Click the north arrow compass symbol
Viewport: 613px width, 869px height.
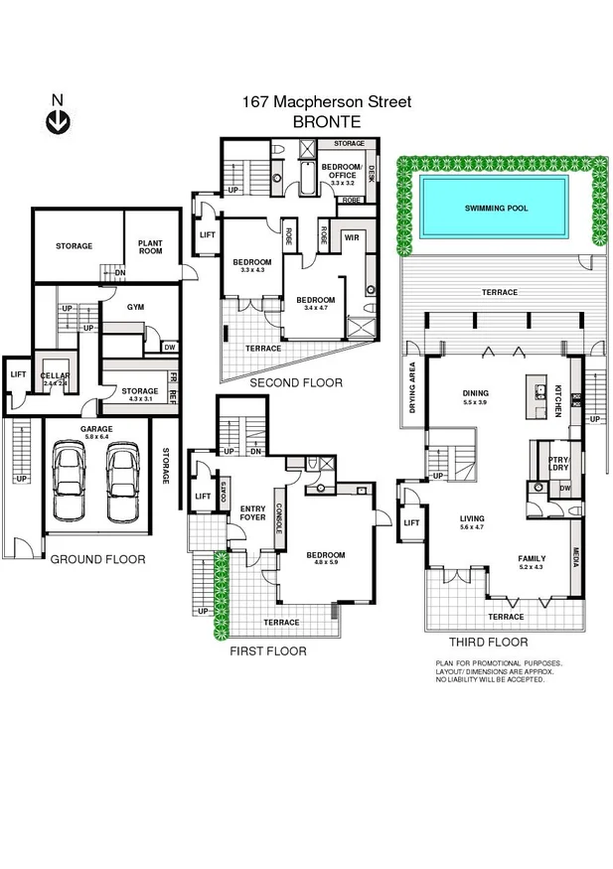point(58,120)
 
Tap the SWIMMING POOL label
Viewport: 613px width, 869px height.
point(497,209)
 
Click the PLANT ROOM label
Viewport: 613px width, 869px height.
point(150,246)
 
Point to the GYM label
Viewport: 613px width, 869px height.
point(136,307)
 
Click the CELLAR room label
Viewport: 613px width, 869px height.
point(56,376)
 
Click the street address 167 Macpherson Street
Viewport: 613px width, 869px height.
point(326,101)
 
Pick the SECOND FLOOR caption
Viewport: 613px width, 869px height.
point(295,382)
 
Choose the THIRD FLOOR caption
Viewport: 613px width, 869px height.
point(487,643)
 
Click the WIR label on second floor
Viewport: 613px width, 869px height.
point(351,238)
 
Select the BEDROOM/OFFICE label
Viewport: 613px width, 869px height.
point(344,170)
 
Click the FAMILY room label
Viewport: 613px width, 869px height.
point(532,558)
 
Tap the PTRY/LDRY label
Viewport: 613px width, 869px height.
point(557,462)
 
